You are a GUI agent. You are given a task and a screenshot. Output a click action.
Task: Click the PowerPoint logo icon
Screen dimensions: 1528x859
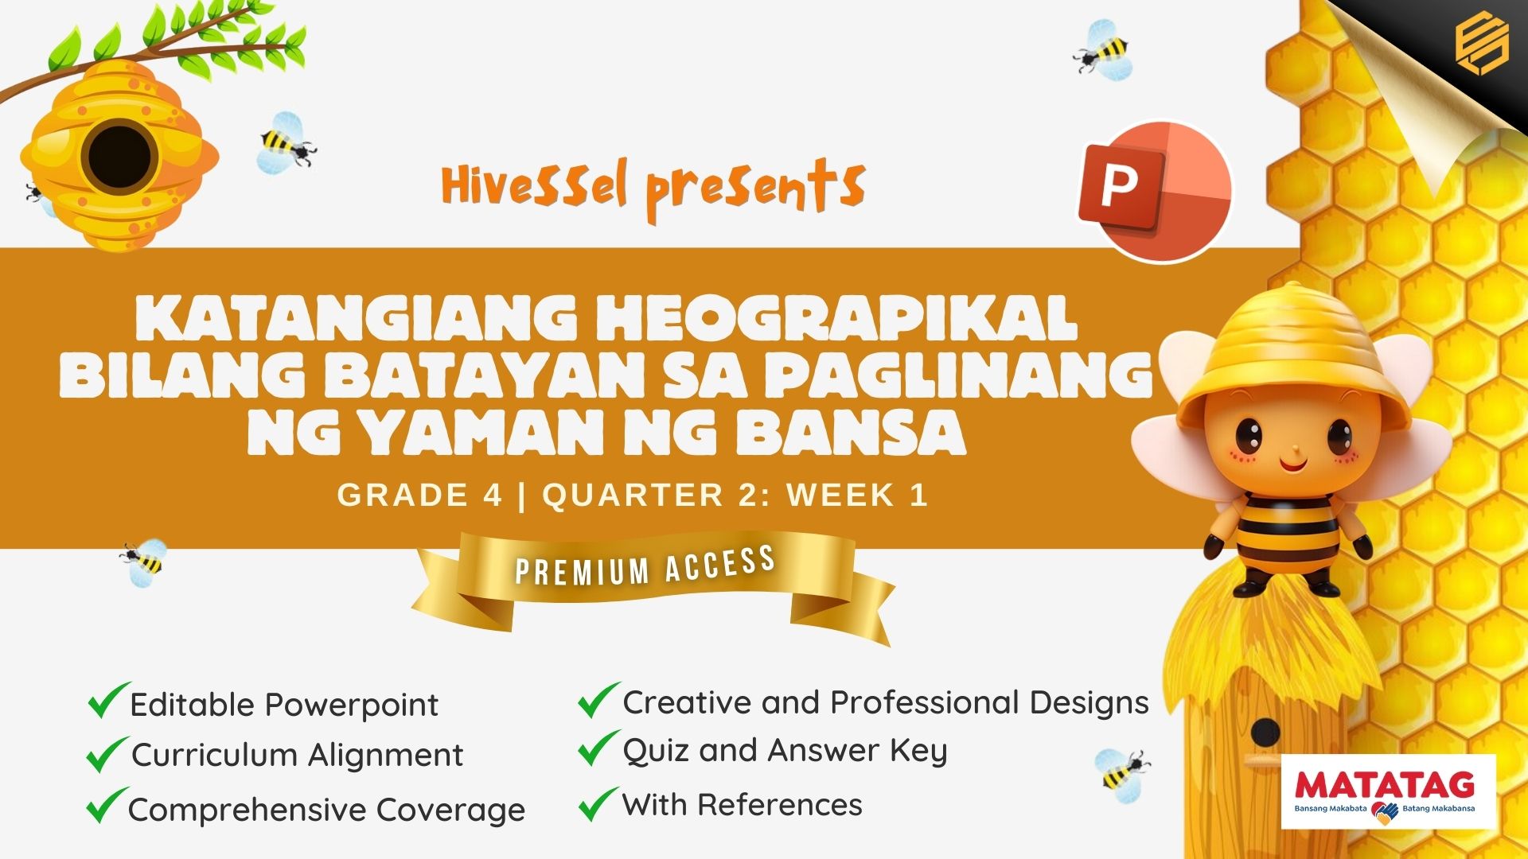coord(1154,191)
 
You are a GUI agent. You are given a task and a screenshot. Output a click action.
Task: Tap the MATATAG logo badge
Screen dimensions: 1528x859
coord(1388,791)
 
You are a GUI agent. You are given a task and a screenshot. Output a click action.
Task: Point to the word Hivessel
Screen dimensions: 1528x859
coord(535,184)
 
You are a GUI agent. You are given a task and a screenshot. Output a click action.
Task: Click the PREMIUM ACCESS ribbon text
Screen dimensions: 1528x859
coord(645,566)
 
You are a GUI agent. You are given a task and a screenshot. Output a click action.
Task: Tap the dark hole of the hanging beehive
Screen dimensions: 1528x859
coord(119,156)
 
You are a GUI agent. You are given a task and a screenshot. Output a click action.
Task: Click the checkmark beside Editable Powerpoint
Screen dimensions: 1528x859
coord(109,700)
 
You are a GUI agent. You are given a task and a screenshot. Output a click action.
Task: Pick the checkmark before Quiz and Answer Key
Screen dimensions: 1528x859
coord(598,748)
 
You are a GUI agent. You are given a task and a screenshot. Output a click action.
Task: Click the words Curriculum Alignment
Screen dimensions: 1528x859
coord(297,755)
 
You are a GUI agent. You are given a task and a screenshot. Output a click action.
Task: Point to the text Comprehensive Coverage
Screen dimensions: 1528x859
coord(326,810)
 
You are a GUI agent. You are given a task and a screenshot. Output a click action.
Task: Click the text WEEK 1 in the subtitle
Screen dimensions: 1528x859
coord(858,495)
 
